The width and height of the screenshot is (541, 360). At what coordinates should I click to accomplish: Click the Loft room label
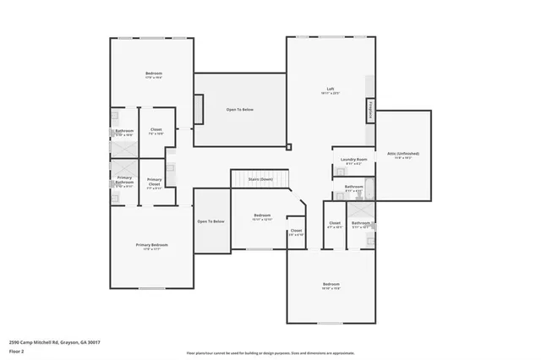332,89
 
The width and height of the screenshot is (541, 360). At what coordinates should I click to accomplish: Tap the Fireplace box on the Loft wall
369,110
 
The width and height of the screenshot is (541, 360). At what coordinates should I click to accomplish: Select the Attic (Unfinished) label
403,154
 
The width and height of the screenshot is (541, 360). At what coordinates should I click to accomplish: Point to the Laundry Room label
353,159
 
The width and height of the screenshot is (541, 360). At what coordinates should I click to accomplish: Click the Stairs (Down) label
260,179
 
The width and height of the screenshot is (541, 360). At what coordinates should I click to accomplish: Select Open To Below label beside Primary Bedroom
210,221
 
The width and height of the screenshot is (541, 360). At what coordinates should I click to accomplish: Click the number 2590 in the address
15,342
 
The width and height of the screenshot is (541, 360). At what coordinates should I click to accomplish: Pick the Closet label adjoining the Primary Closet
156,130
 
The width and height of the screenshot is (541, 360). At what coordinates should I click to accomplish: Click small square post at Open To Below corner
289,147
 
